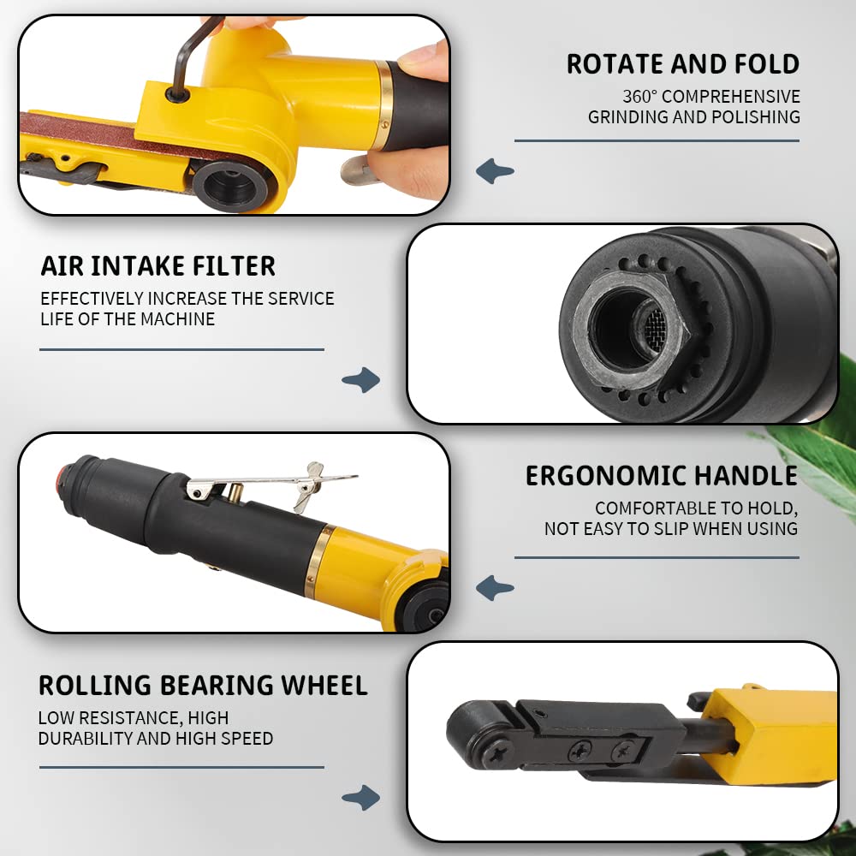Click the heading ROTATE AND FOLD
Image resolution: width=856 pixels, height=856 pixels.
tap(682, 64)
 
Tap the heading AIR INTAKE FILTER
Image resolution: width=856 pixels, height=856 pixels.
tap(158, 266)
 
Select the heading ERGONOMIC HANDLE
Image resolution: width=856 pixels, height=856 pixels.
tap(661, 476)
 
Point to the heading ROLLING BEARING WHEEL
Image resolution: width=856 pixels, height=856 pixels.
tap(203, 685)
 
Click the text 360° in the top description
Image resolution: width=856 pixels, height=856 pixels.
tap(640, 97)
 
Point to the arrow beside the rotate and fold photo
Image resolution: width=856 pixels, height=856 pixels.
tap(495, 171)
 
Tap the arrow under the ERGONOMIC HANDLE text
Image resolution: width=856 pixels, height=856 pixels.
tap(495, 588)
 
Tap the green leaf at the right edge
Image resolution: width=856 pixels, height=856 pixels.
tap(822, 445)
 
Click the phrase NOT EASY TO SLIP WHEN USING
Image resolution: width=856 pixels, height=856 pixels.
tap(671, 529)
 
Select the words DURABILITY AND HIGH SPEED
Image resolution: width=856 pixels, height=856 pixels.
tap(156, 738)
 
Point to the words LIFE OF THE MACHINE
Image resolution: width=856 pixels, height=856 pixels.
tap(128, 319)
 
